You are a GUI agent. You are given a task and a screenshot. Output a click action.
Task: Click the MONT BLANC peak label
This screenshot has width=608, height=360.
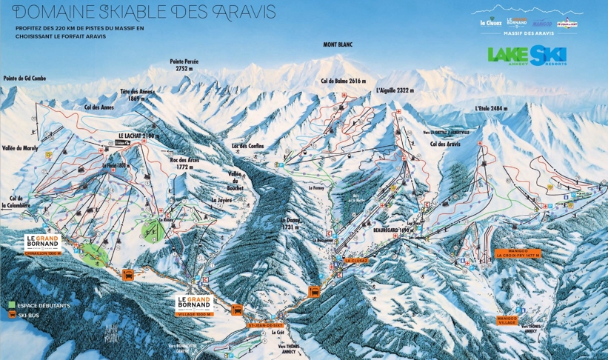click(338, 44)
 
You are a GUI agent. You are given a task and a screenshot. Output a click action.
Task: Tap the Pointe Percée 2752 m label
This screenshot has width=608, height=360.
click(184, 64)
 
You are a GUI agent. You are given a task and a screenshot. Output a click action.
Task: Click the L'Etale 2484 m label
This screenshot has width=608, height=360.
click(491, 108)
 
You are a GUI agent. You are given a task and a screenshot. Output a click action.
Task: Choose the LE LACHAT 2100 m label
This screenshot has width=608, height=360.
click(138, 136)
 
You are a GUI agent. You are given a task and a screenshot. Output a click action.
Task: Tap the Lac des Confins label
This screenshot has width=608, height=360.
click(247, 146)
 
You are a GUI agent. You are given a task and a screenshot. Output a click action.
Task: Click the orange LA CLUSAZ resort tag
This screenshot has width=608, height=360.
click(357, 260)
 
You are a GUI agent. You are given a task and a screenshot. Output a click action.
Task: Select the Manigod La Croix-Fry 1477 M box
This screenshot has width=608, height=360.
click(518, 253)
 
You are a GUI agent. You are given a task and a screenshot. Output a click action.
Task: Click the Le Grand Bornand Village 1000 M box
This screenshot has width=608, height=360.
click(195, 306)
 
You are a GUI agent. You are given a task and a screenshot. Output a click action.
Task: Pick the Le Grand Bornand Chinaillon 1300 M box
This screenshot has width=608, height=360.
click(41, 244)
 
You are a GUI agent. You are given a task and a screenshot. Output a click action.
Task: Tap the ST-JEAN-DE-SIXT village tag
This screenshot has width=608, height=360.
click(265, 324)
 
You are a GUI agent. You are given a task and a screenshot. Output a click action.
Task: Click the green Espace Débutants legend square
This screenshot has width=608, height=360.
click(12, 304)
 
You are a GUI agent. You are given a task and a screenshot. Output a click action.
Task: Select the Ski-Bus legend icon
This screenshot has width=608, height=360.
click(12, 314)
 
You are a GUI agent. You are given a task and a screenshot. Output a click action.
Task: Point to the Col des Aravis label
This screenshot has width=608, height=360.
click(444, 144)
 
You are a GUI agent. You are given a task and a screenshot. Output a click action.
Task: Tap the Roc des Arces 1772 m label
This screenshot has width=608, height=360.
click(184, 163)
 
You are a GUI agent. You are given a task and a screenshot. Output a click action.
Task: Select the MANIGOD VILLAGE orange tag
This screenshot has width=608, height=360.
click(507, 319)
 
